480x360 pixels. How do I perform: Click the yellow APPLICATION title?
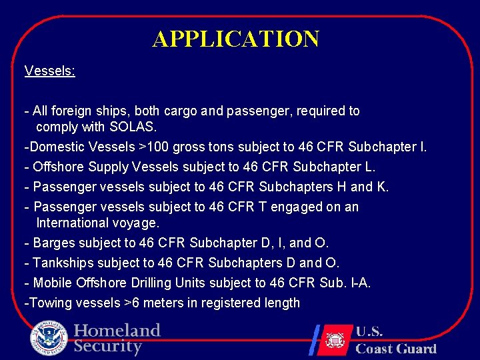(236, 39)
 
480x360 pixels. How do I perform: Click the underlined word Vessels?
(50, 71)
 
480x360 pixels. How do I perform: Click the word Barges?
(53, 243)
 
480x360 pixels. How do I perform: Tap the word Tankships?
(61, 263)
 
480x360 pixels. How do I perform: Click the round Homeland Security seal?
(49, 339)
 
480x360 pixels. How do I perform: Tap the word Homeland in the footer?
(117, 331)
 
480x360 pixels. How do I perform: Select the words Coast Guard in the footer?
(395, 349)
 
